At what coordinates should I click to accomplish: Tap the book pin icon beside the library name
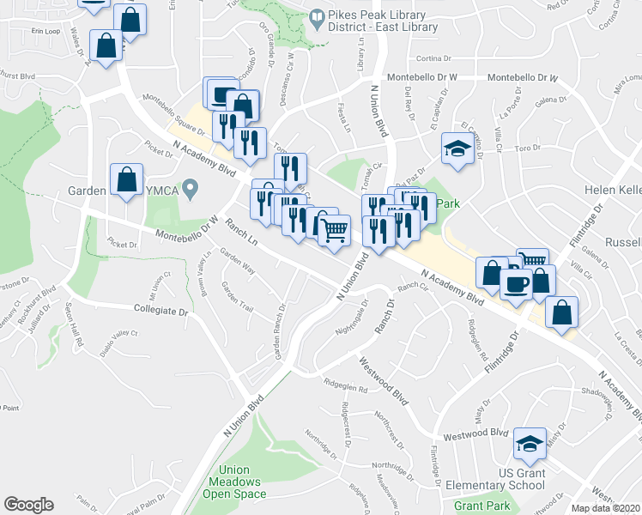tap(318, 17)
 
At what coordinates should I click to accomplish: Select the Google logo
tap(29, 505)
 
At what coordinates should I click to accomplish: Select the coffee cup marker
tap(516, 283)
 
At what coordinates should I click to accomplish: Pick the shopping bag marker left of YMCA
tap(127, 180)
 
